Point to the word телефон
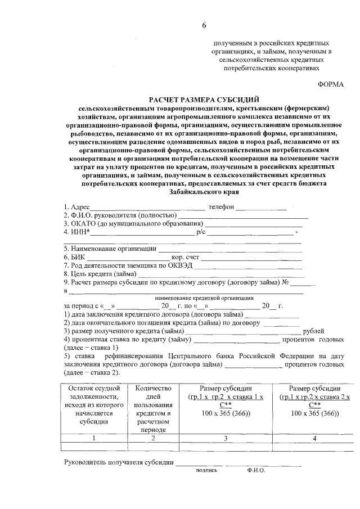(220, 206)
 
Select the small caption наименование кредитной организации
(204, 298)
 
